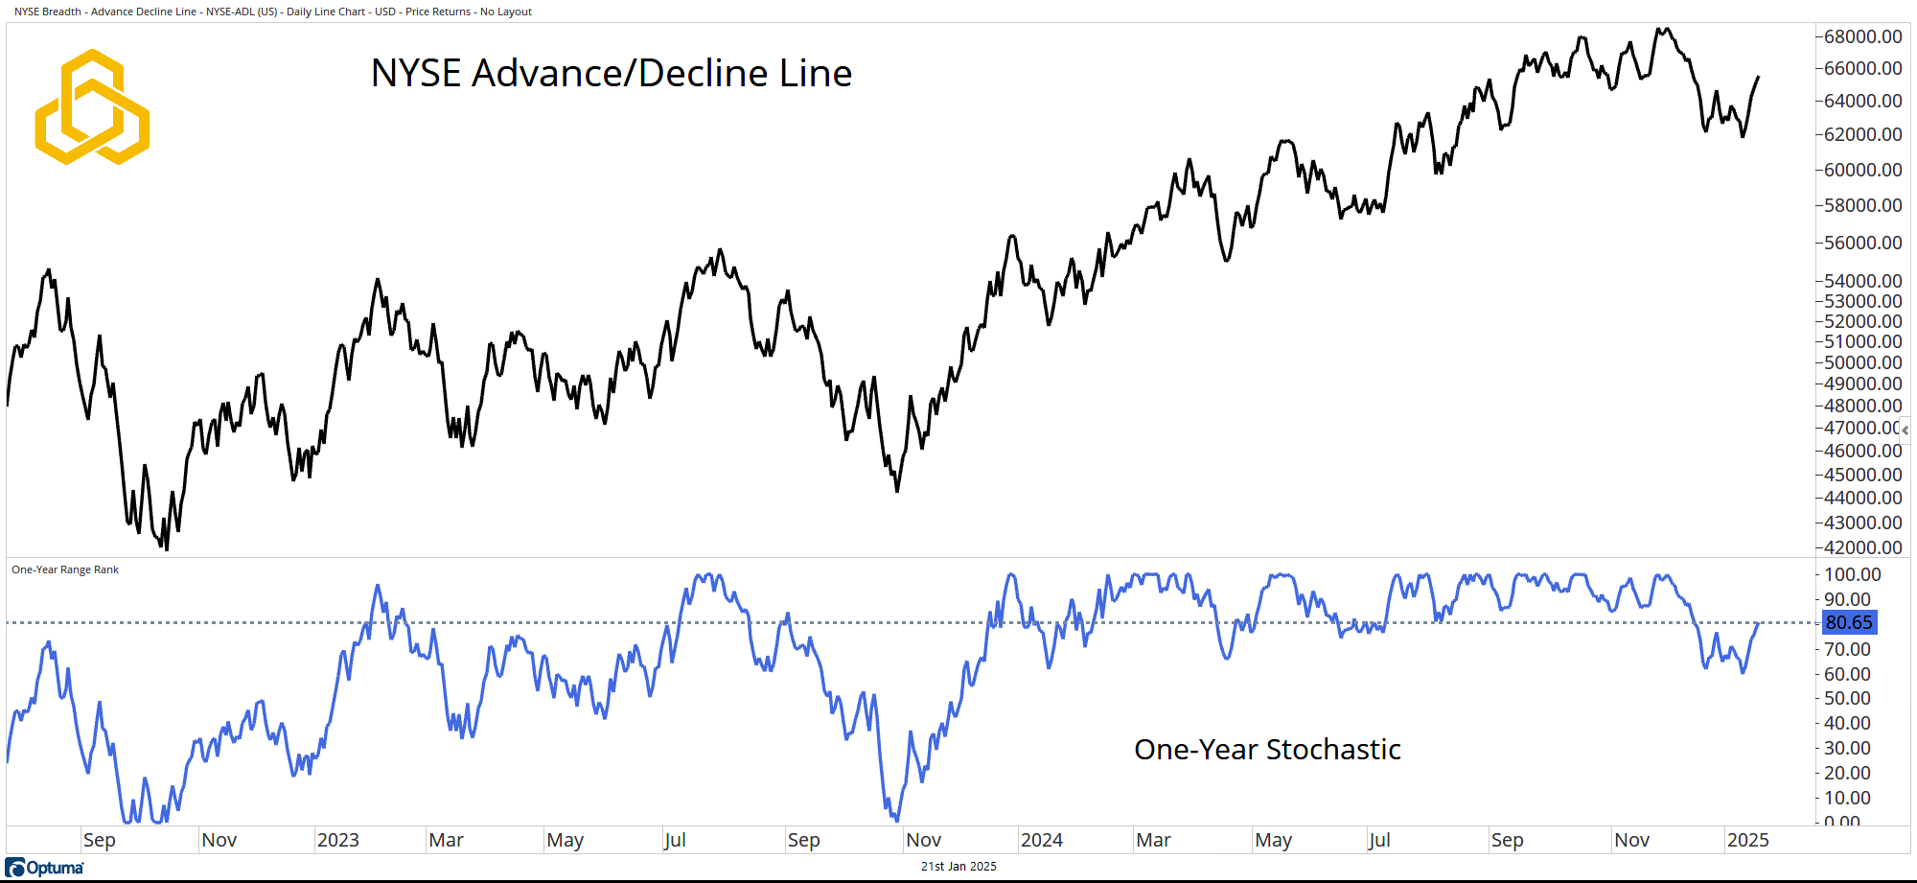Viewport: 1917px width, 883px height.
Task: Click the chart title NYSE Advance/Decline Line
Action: (611, 74)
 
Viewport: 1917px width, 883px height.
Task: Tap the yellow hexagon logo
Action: (92, 106)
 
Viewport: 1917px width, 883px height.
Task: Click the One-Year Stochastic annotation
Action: (1266, 750)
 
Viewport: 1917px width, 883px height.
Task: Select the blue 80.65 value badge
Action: (1848, 622)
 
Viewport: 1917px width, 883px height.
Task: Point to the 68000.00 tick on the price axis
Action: (1862, 36)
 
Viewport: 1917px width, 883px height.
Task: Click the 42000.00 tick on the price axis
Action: (1862, 547)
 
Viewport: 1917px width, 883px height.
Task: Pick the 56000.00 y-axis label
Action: (1862, 243)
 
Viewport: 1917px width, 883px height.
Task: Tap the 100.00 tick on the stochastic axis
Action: (1852, 574)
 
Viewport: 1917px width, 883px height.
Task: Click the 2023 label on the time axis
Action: (337, 841)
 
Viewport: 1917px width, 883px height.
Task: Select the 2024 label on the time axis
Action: (1041, 841)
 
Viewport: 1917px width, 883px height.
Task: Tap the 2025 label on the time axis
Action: (1747, 841)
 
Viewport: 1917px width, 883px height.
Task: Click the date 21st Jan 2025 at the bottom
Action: (958, 867)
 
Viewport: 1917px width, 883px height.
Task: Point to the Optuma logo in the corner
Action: (45, 868)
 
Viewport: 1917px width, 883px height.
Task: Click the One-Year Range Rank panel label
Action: (65, 569)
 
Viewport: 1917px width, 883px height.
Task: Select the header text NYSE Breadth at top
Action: (48, 12)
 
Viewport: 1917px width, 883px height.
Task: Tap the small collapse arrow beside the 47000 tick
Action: (1905, 430)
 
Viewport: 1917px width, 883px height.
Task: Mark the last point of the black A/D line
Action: (1758, 77)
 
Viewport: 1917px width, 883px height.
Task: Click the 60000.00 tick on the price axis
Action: (1862, 170)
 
